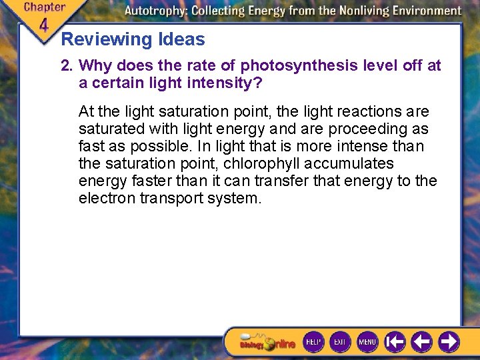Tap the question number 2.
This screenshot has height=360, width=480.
(x=65, y=66)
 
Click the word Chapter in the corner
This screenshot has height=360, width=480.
(x=45, y=8)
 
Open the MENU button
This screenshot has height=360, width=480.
(x=367, y=342)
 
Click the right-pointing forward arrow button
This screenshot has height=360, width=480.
(x=449, y=342)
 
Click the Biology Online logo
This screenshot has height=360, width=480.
(x=267, y=343)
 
